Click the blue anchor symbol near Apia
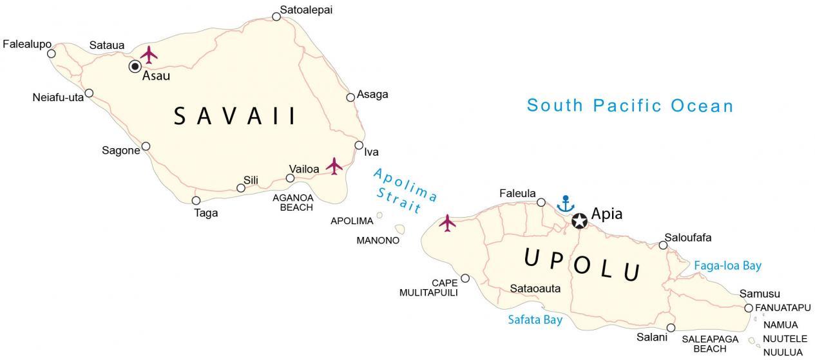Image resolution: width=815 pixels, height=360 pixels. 565,204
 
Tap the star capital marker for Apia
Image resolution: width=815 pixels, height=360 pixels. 579,221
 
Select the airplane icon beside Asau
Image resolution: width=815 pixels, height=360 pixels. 149,54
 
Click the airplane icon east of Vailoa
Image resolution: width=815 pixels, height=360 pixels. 334,166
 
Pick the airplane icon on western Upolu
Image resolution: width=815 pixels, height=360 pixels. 447,223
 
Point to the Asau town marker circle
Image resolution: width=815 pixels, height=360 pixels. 135,66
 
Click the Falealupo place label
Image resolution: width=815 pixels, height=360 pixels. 27,44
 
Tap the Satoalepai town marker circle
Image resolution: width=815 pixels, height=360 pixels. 276,17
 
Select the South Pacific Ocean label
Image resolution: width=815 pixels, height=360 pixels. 629,106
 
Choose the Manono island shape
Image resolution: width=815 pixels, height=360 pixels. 400,229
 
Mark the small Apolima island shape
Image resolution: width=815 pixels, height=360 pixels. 380,215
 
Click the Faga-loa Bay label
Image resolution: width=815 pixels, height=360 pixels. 727,265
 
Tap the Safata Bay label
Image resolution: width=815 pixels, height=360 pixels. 535,319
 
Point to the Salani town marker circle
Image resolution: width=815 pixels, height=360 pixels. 671,328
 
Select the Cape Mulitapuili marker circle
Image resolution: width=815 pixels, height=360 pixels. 465,279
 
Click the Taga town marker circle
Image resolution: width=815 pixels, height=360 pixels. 196,200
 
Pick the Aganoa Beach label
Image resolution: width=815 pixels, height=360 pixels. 292,202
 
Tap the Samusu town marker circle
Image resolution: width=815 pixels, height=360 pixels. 749,308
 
